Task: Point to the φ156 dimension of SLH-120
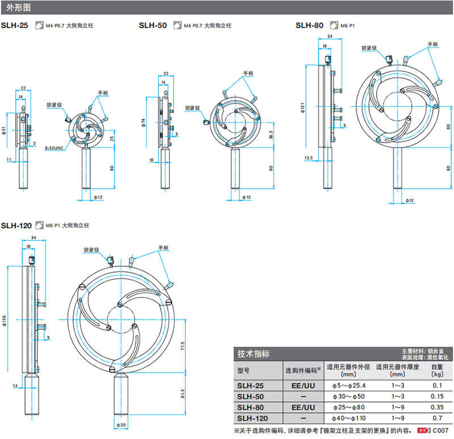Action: tap(5, 321)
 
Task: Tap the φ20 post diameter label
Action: tap(120, 425)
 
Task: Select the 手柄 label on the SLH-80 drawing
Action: tap(433, 44)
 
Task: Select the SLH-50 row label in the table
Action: tap(249, 396)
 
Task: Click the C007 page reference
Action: tap(440, 431)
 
